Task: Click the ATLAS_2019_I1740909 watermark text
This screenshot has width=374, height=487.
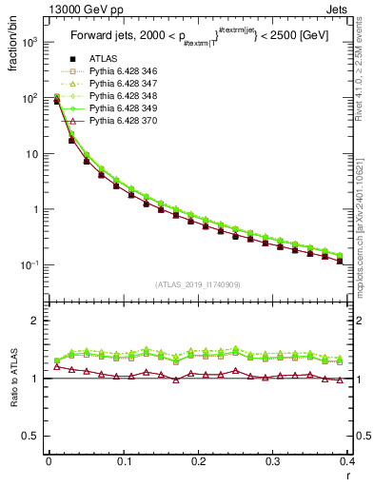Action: point(198,284)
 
